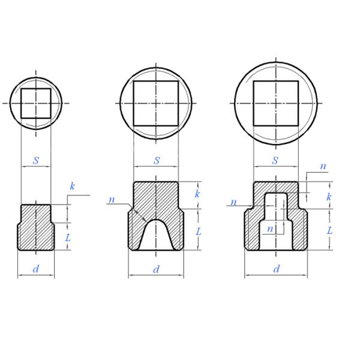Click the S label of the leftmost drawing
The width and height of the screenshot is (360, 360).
(x=36, y=160)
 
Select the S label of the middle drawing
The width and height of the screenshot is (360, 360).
(x=157, y=160)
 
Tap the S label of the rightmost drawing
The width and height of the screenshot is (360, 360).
(x=275, y=160)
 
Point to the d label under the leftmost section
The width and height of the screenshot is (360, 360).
(x=35, y=269)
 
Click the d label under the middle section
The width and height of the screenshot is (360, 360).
(x=156, y=269)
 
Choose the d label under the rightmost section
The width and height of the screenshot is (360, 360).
(x=277, y=269)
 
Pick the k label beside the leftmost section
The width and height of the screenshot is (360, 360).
(x=72, y=186)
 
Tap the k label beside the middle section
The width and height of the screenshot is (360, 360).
(x=197, y=194)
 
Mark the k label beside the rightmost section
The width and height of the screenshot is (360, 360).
(x=329, y=197)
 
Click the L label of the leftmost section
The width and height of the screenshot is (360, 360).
(x=68, y=238)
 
